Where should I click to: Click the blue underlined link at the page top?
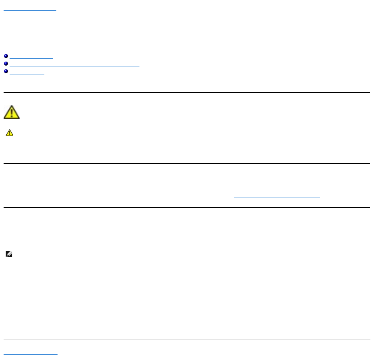pyautogui.click(x=30, y=8)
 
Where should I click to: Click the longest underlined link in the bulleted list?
pyautogui.click(x=74, y=64)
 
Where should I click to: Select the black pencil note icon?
pyautogui.click(x=10, y=254)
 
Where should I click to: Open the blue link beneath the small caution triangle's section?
pyautogui.click(x=277, y=197)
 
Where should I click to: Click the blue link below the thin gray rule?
pyautogui.click(x=30, y=354)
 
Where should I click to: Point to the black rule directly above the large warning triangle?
pyautogui.click(x=187, y=92)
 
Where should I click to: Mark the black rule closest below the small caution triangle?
pyautogui.click(x=187, y=163)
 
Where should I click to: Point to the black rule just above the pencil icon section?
pyautogui.click(x=187, y=207)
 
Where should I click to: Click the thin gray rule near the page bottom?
pyautogui.click(x=187, y=340)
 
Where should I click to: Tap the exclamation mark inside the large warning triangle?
pyautogui.click(x=12, y=113)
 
